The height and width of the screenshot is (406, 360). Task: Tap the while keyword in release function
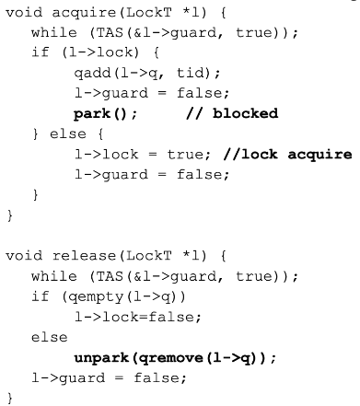click(50, 276)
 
